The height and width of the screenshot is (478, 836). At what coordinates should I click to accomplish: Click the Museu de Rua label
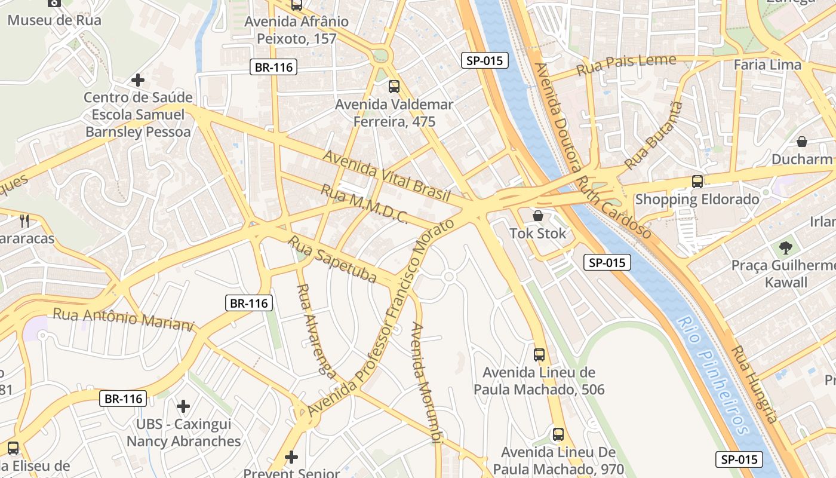(x=54, y=20)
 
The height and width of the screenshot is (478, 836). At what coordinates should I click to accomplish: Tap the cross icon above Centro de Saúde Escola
(x=138, y=79)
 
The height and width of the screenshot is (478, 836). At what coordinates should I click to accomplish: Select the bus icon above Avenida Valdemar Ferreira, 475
(x=394, y=86)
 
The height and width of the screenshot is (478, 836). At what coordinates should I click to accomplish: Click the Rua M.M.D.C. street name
(x=364, y=204)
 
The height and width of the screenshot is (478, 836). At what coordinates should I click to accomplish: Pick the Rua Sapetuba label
(x=333, y=259)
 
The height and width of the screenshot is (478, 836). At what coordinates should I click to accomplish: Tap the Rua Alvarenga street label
(x=315, y=330)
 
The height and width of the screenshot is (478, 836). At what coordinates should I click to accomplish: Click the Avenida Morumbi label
(x=426, y=382)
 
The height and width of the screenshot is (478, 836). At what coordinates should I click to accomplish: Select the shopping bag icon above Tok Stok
(x=538, y=216)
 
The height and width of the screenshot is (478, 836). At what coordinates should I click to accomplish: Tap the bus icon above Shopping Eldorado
(x=697, y=181)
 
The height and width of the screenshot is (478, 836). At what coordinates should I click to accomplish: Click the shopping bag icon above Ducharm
(x=802, y=142)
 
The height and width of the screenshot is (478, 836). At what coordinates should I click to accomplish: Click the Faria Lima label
(x=767, y=65)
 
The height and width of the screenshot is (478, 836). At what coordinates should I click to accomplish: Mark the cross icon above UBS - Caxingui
(x=183, y=406)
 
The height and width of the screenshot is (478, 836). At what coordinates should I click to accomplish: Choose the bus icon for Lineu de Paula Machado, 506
(x=539, y=354)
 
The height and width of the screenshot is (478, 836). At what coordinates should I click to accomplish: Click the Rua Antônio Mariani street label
(x=124, y=318)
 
